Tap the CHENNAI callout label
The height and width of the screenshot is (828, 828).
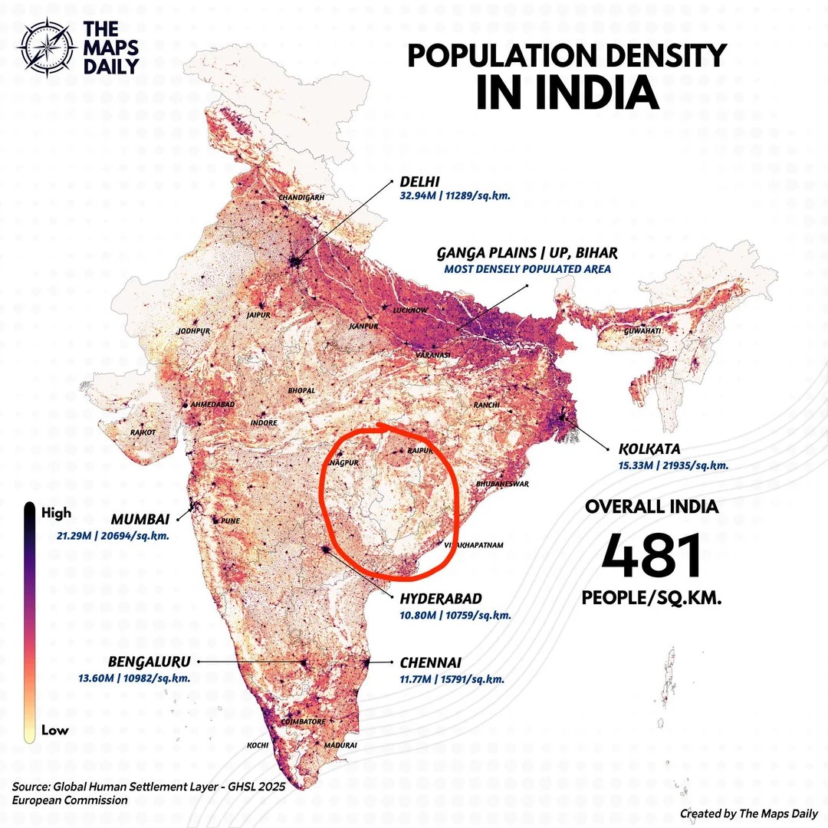click(x=429, y=662)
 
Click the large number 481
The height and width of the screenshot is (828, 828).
click(x=652, y=556)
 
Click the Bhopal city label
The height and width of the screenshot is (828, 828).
click(x=301, y=390)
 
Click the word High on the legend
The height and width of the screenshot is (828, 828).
click(x=56, y=511)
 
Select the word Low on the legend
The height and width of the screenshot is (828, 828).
click(x=54, y=730)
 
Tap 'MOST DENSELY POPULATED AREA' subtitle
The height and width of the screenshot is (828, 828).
click(x=527, y=269)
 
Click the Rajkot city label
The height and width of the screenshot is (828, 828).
click(x=143, y=432)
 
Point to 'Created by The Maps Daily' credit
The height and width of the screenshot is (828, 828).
click(x=748, y=813)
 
